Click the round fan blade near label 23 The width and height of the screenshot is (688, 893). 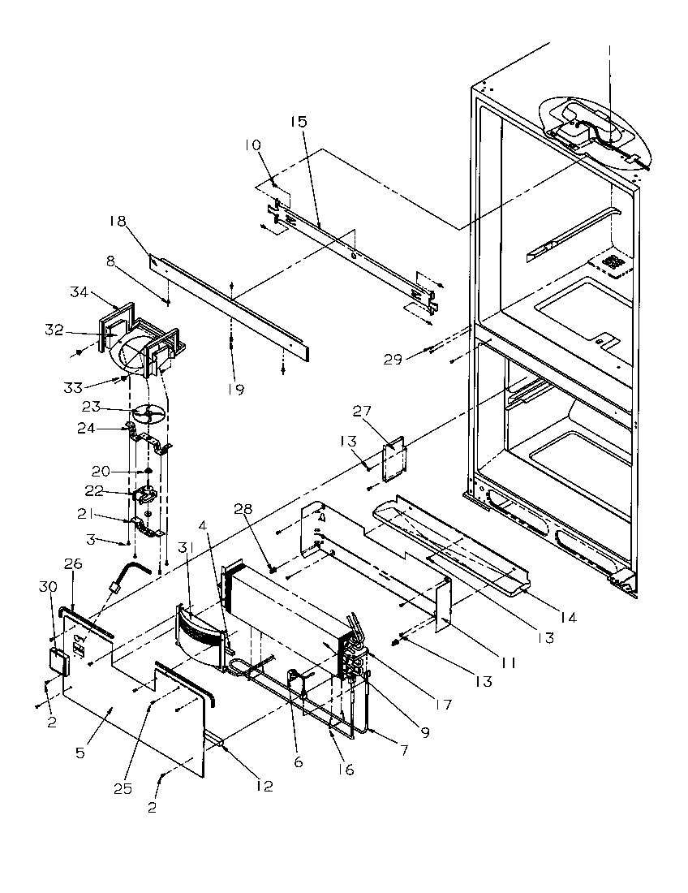148,415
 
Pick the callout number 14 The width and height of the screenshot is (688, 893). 567,618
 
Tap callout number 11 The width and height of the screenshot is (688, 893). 507,662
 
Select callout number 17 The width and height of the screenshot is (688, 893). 443,704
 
